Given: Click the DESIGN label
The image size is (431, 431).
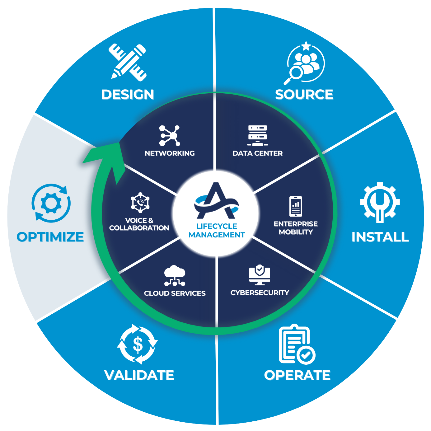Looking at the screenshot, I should pyautogui.click(x=128, y=94).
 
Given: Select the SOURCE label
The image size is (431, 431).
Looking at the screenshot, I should pyautogui.click(x=304, y=94).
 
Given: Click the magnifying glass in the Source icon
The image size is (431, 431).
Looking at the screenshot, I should pyautogui.click(x=294, y=74).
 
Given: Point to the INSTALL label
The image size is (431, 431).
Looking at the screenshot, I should pyautogui.click(x=380, y=237).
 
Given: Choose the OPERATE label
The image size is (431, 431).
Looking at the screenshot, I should pyautogui.click(x=297, y=375).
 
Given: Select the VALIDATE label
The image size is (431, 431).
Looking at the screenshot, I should pyautogui.click(x=139, y=375).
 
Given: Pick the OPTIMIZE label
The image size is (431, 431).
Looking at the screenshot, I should pyautogui.click(x=50, y=237).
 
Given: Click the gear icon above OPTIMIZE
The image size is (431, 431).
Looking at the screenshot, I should pyautogui.click(x=51, y=203).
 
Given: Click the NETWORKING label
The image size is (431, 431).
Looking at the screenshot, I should pyautogui.click(x=170, y=153).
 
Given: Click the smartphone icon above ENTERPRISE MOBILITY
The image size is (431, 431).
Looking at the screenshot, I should pyautogui.click(x=296, y=206).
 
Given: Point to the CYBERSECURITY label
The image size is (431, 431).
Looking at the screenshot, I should pyautogui.click(x=260, y=293).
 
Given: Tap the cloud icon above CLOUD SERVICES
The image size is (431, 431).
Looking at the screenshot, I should pyautogui.click(x=175, y=275).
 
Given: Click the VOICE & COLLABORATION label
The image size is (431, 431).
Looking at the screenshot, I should pyautogui.click(x=139, y=224).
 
